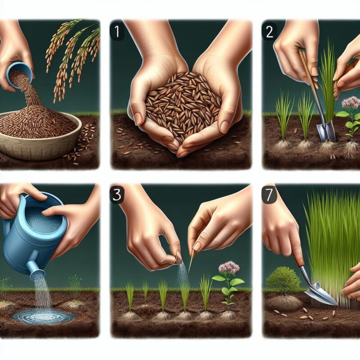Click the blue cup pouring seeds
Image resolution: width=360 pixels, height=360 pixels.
[x=21, y=72]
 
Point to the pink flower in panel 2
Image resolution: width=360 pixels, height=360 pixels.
[x=350, y=103]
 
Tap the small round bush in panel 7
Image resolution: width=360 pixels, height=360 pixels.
[x=283, y=281]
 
